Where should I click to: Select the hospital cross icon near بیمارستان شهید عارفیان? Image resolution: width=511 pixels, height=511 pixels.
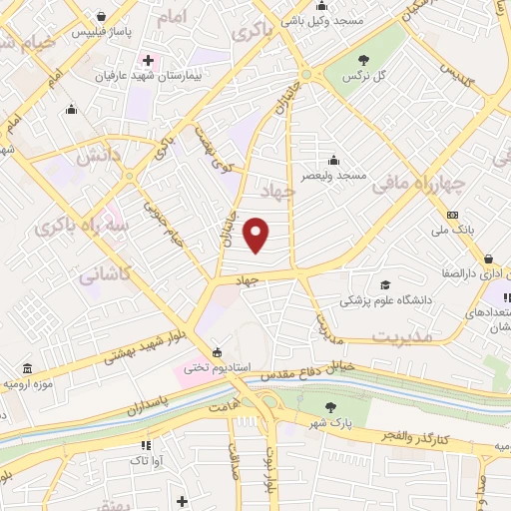pyautogui.click(x=147, y=59)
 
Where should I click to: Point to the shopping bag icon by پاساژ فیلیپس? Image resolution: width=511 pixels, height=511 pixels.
pyautogui.click(x=103, y=16)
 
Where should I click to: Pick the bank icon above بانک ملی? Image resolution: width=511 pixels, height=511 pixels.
pyautogui.click(x=452, y=216)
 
